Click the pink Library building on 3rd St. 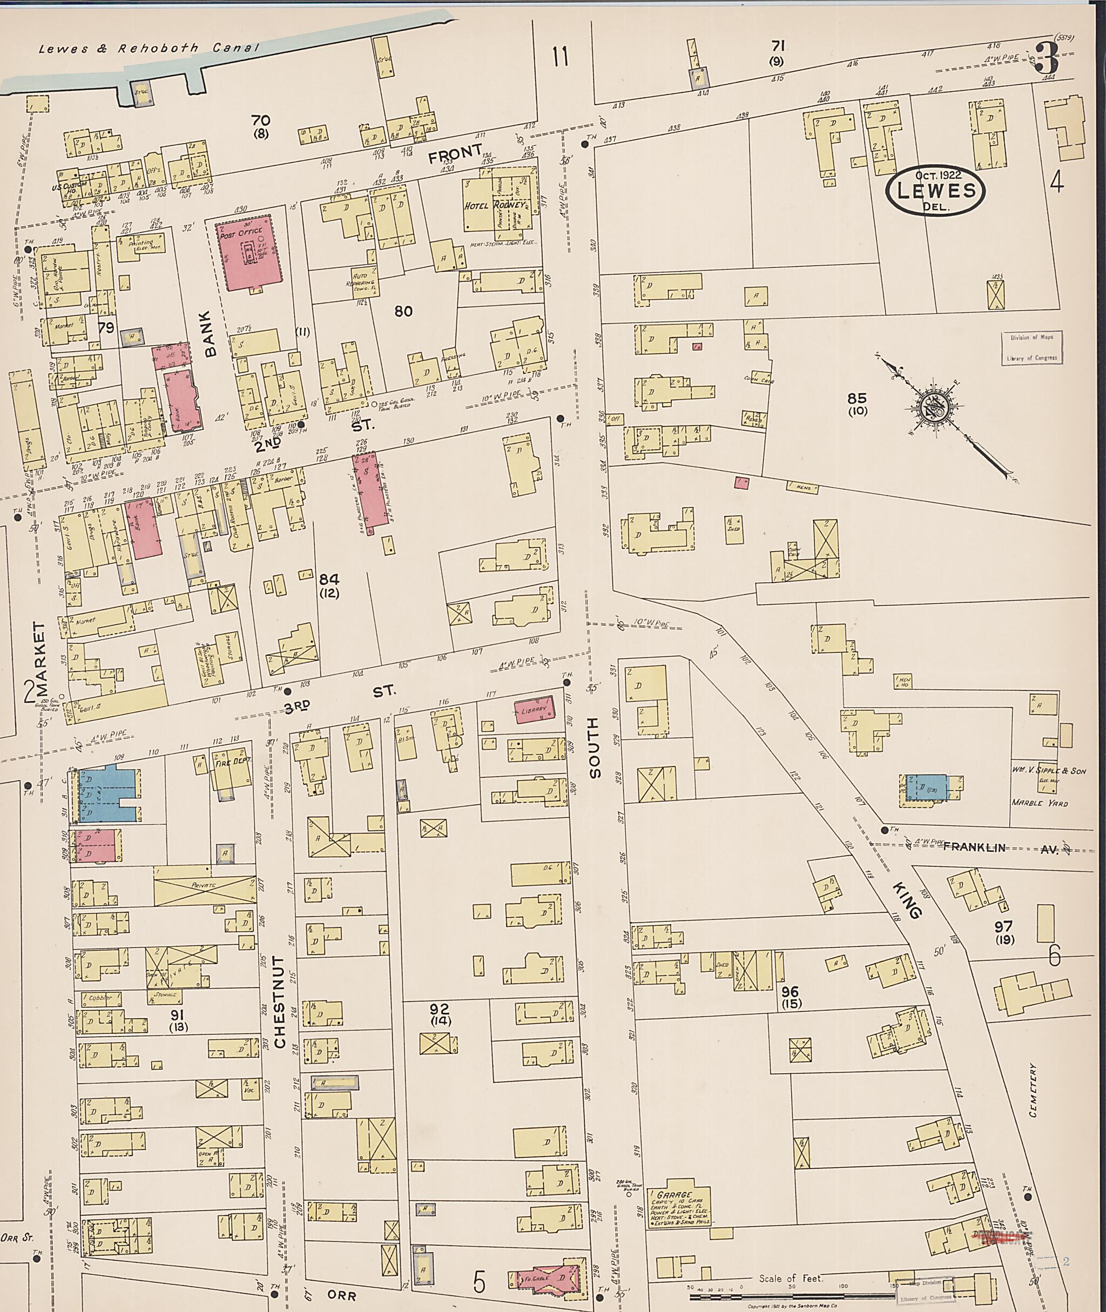click(x=534, y=709)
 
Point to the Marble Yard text click(x=1039, y=803)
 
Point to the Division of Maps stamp click(x=1031, y=347)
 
